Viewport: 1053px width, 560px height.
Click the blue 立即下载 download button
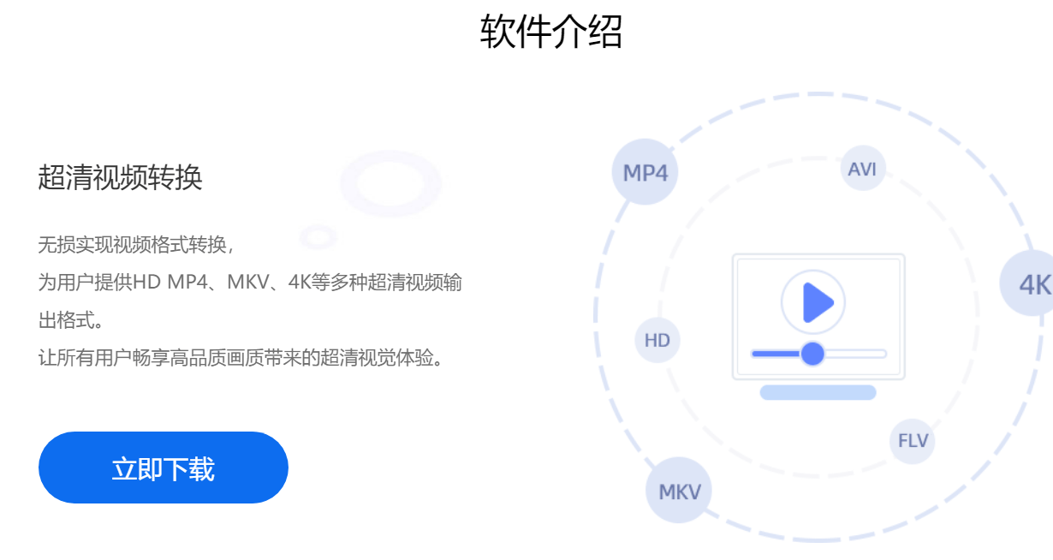[x=164, y=468]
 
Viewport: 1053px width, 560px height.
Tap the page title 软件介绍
[x=551, y=32]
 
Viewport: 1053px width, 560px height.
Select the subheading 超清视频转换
[x=120, y=178]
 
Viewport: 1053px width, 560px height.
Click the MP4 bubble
[x=645, y=172]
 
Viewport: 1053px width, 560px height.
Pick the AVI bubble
[x=863, y=169]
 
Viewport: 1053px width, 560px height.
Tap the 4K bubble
[x=1030, y=283]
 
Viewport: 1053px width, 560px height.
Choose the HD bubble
[x=657, y=340]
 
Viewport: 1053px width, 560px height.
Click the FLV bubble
[x=913, y=441]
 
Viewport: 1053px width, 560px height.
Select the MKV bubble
[x=679, y=491]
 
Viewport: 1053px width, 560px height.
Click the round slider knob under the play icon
[x=812, y=354]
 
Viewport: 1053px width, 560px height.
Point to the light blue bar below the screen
[x=818, y=392]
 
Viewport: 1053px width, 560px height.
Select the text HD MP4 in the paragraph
[x=170, y=282]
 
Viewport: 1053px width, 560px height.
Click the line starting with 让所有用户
[x=241, y=358]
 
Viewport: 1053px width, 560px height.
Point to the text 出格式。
[x=70, y=320]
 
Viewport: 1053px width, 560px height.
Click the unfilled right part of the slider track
[x=855, y=354]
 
